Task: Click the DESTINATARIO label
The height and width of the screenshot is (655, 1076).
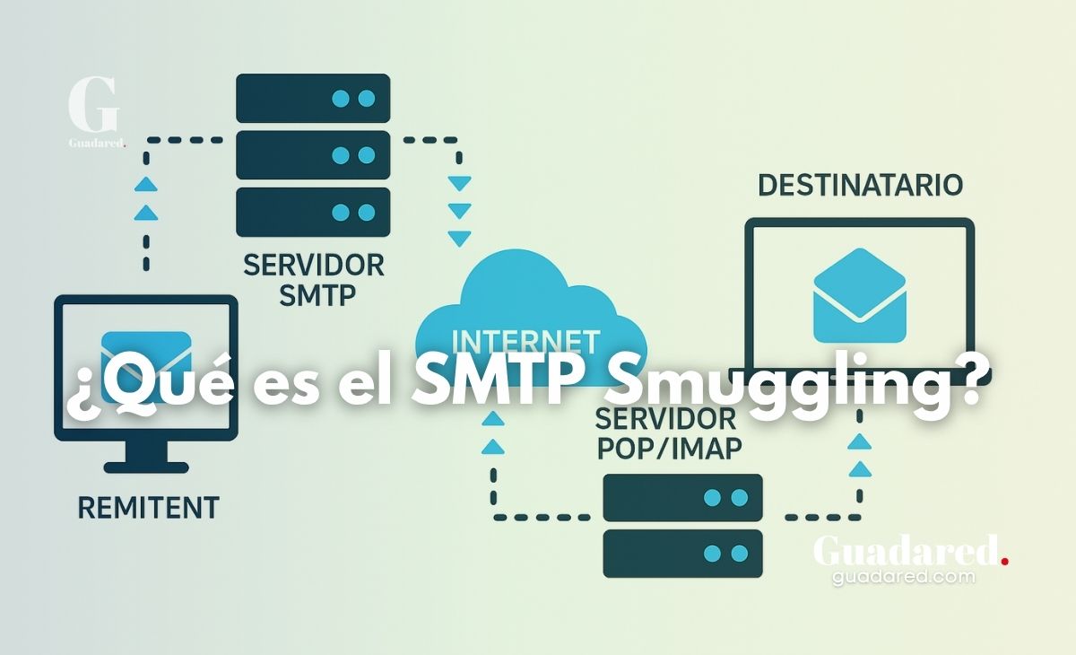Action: pos(860,186)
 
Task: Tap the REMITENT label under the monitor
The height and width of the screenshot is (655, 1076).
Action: pos(148,508)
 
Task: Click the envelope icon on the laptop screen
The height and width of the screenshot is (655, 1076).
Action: pos(859,296)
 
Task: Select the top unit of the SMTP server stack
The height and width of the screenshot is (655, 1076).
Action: pos(313,98)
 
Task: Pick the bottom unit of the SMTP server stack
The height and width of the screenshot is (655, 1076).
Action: pos(313,213)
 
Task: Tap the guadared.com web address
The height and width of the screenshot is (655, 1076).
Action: pos(903,577)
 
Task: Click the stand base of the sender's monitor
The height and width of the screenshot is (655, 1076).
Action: pos(146,467)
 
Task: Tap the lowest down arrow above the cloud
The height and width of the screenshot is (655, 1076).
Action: pos(459,240)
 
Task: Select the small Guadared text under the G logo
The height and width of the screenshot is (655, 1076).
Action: pos(96,142)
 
